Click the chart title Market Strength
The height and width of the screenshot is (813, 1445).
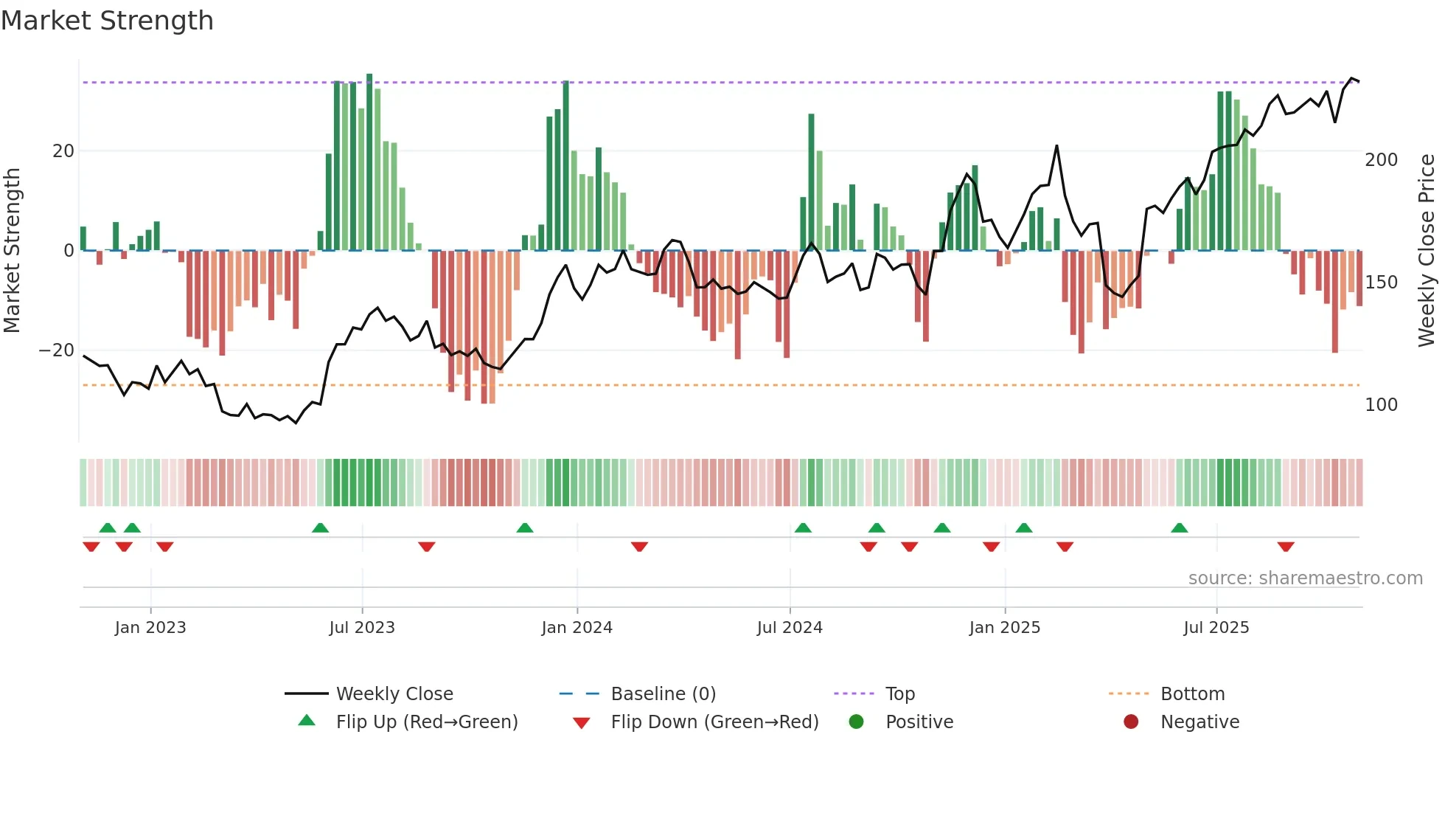[107, 21]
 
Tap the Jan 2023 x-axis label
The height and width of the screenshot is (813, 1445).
[150, 628]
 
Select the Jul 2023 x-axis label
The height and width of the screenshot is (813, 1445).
[362, 628]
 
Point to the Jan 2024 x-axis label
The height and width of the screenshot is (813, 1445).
[577, 628]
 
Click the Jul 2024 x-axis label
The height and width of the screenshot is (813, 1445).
[790, 628]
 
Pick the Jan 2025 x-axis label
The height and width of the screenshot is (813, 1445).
[1004, 628]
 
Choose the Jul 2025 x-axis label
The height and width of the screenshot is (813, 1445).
[1216, 628]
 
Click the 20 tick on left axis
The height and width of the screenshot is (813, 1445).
[63, 151]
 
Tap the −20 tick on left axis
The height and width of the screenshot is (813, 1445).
[57, 350]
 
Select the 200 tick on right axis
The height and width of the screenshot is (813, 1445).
[1381, 160]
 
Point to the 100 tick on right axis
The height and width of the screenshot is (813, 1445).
[1381, 405]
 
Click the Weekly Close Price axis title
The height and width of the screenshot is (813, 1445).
[1427, 251]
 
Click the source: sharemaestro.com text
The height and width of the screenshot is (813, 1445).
[1305, 578]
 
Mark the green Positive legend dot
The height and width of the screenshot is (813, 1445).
[856, 722]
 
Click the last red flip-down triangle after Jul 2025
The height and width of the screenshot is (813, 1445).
[1286, 547]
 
